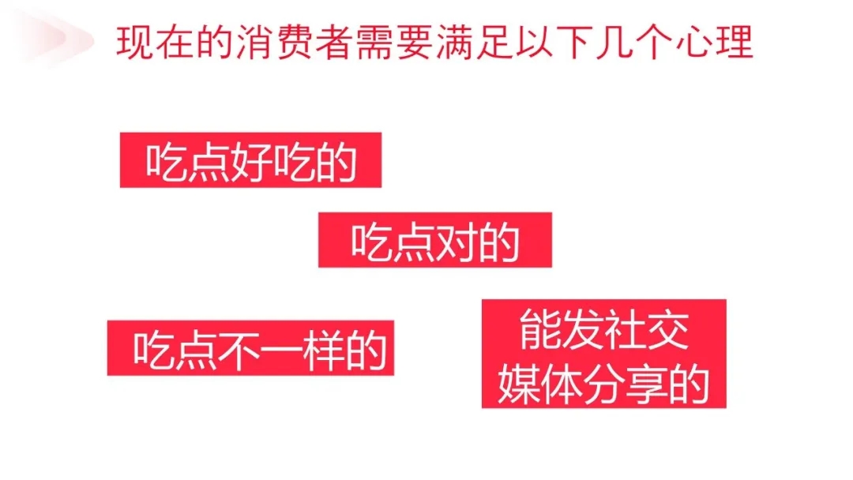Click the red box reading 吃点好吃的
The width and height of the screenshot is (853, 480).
pyautogui.click(x=251, y=160)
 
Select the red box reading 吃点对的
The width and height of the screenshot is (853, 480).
pyautogui.click(x=435, y=240)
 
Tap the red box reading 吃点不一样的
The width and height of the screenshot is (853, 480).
pyautogui.click(x=251, y=348)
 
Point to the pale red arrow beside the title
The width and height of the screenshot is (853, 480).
pyautogui.click(x=54, y=38)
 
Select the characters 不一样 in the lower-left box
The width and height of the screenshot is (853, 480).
pyautogui.click(x=281, y=350)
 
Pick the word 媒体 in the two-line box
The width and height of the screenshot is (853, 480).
pyautogui.click(x=539, y=384)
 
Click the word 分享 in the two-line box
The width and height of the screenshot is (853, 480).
pyautogui.click(x=625, y=384)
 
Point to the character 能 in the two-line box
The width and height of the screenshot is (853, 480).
pyautogui.click(x=540, y=330)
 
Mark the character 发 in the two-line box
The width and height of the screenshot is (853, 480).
pyautogui.click(x=583, y=330)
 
